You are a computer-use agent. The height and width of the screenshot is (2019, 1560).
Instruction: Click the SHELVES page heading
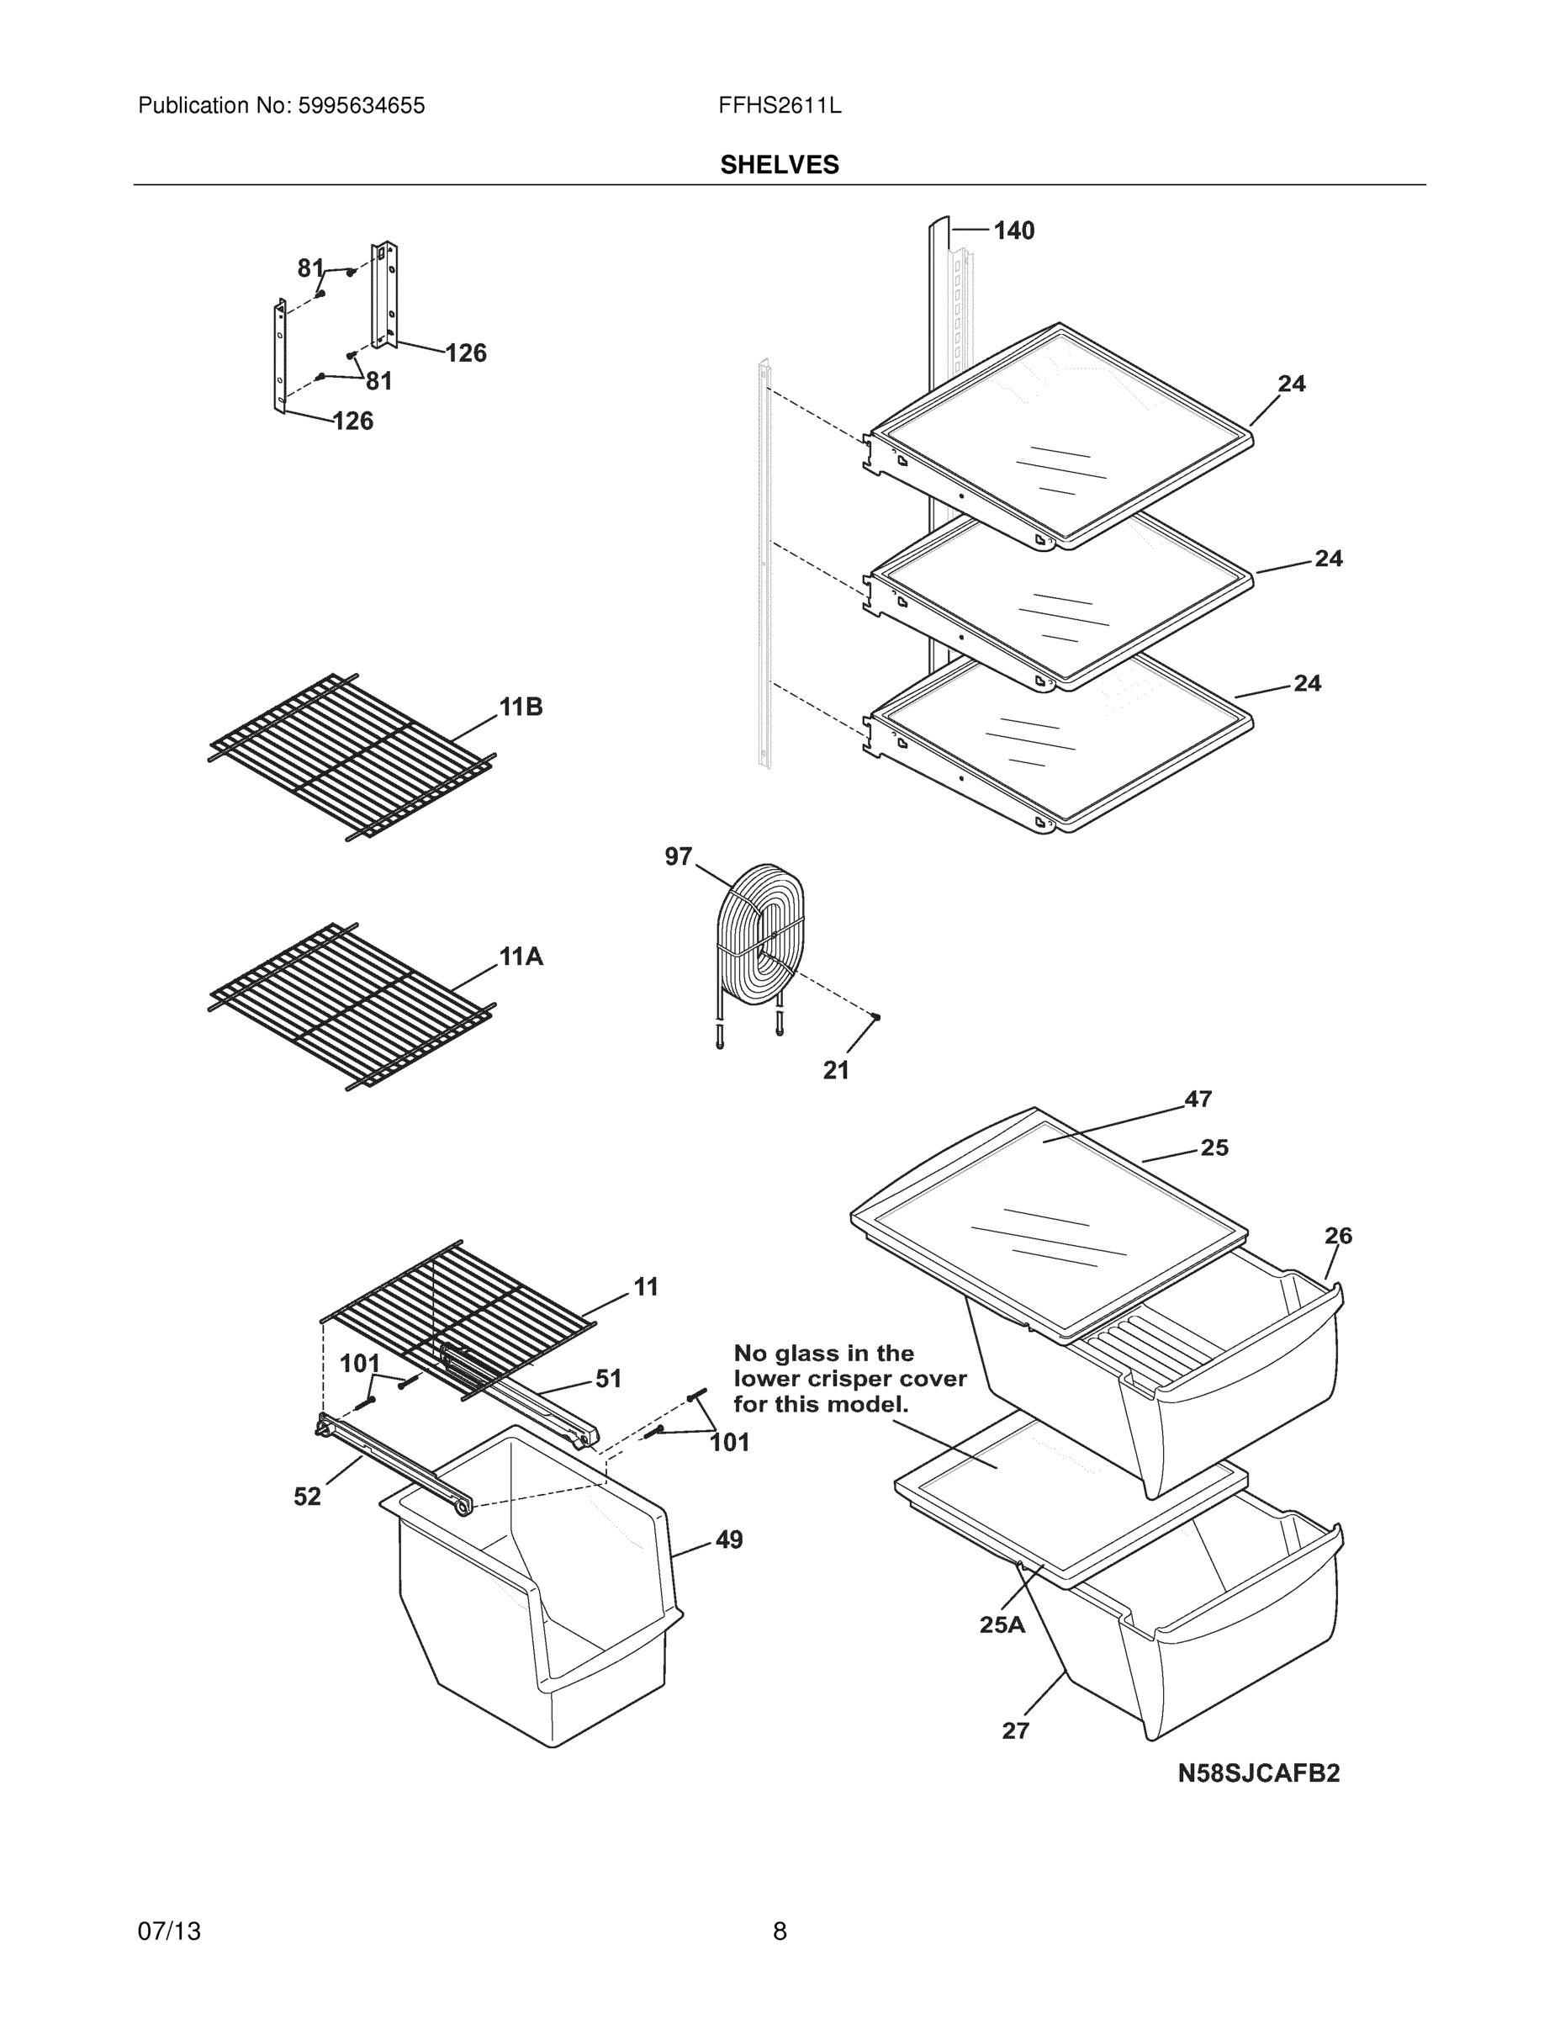coord(779,165)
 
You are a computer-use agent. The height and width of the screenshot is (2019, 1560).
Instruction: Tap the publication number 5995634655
coord(362,106)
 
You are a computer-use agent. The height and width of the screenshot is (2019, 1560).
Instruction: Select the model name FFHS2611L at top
coord(779,106)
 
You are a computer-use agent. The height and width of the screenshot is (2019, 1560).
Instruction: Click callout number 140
coord(1014,231)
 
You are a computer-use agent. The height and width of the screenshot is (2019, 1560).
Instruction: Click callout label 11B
coord(521,707)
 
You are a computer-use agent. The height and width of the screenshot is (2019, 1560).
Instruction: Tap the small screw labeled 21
coord(876,1017)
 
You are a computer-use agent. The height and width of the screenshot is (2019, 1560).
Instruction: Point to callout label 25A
coord(1002,1624)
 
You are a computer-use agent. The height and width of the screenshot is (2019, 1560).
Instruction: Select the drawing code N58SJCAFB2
coord(1258,1773)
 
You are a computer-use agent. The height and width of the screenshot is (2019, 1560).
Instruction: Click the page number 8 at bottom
coord(779,1932)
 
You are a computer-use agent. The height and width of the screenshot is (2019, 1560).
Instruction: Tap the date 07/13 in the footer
coord(169,1932)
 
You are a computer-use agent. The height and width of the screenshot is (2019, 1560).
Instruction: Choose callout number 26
coord(1337,1236)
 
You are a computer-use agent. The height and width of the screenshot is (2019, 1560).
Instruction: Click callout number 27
coord(1015,1730)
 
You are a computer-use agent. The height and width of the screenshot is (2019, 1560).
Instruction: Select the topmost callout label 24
coord(1291,384)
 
